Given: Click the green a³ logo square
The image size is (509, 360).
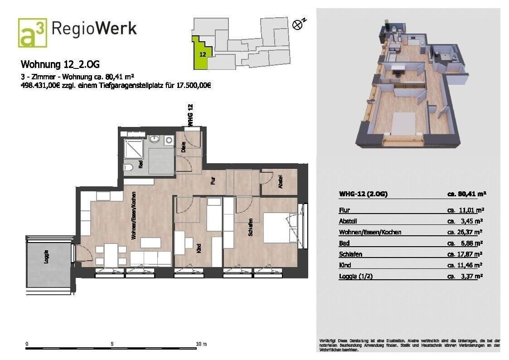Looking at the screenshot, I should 32,33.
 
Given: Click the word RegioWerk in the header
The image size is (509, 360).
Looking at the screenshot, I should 94,29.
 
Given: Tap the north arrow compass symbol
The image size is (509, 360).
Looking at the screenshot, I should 298,24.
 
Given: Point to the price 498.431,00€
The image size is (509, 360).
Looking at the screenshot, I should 43,85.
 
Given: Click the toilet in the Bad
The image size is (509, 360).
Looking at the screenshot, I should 129,167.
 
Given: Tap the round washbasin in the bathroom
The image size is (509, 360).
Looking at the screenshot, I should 154,140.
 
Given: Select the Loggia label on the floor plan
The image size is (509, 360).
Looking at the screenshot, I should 46,257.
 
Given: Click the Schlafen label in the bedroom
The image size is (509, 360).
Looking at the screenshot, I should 250,227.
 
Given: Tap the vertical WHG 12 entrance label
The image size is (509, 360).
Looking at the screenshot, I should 190,115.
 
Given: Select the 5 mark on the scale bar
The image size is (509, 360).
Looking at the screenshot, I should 112,344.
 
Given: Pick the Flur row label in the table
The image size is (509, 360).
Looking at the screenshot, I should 344,210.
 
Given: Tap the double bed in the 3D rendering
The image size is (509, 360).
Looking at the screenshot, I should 403,123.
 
